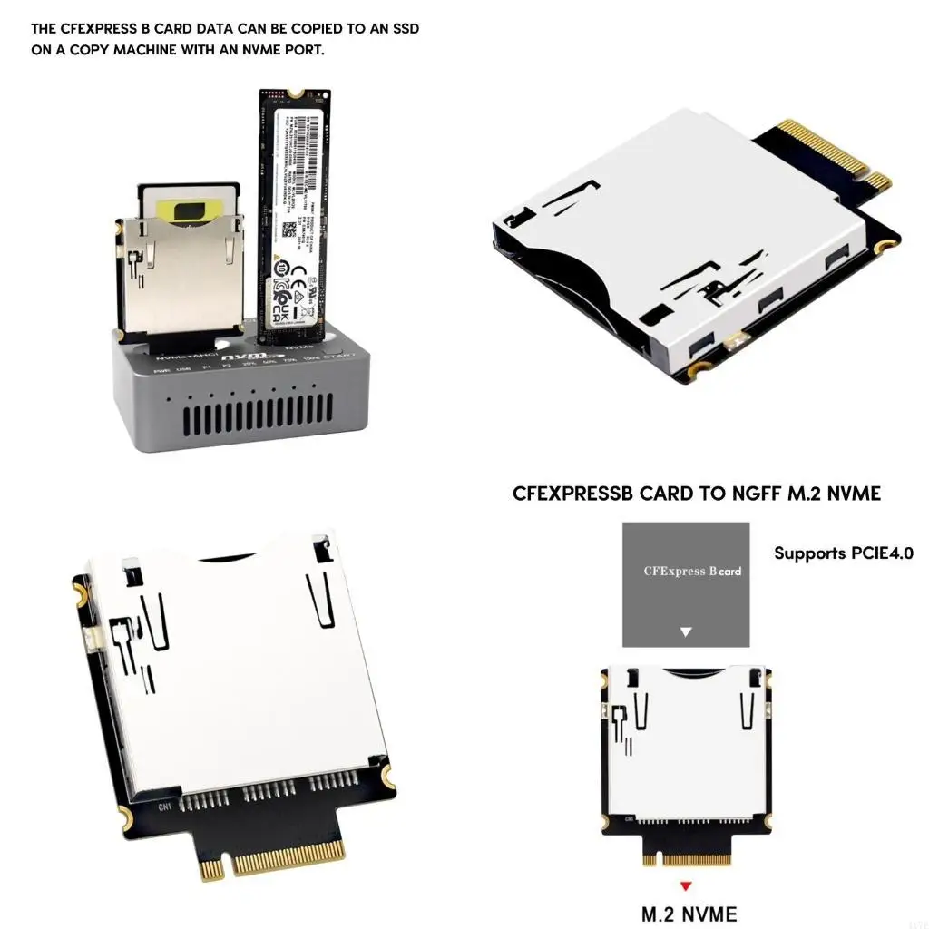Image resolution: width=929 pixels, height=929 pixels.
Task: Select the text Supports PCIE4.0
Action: (x=844, y=553)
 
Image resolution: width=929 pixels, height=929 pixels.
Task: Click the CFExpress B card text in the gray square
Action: (x=691, y=572)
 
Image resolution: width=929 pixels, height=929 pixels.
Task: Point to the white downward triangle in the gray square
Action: (x=686, y=631)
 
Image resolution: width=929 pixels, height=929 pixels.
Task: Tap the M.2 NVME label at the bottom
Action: (x=689, y=914)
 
